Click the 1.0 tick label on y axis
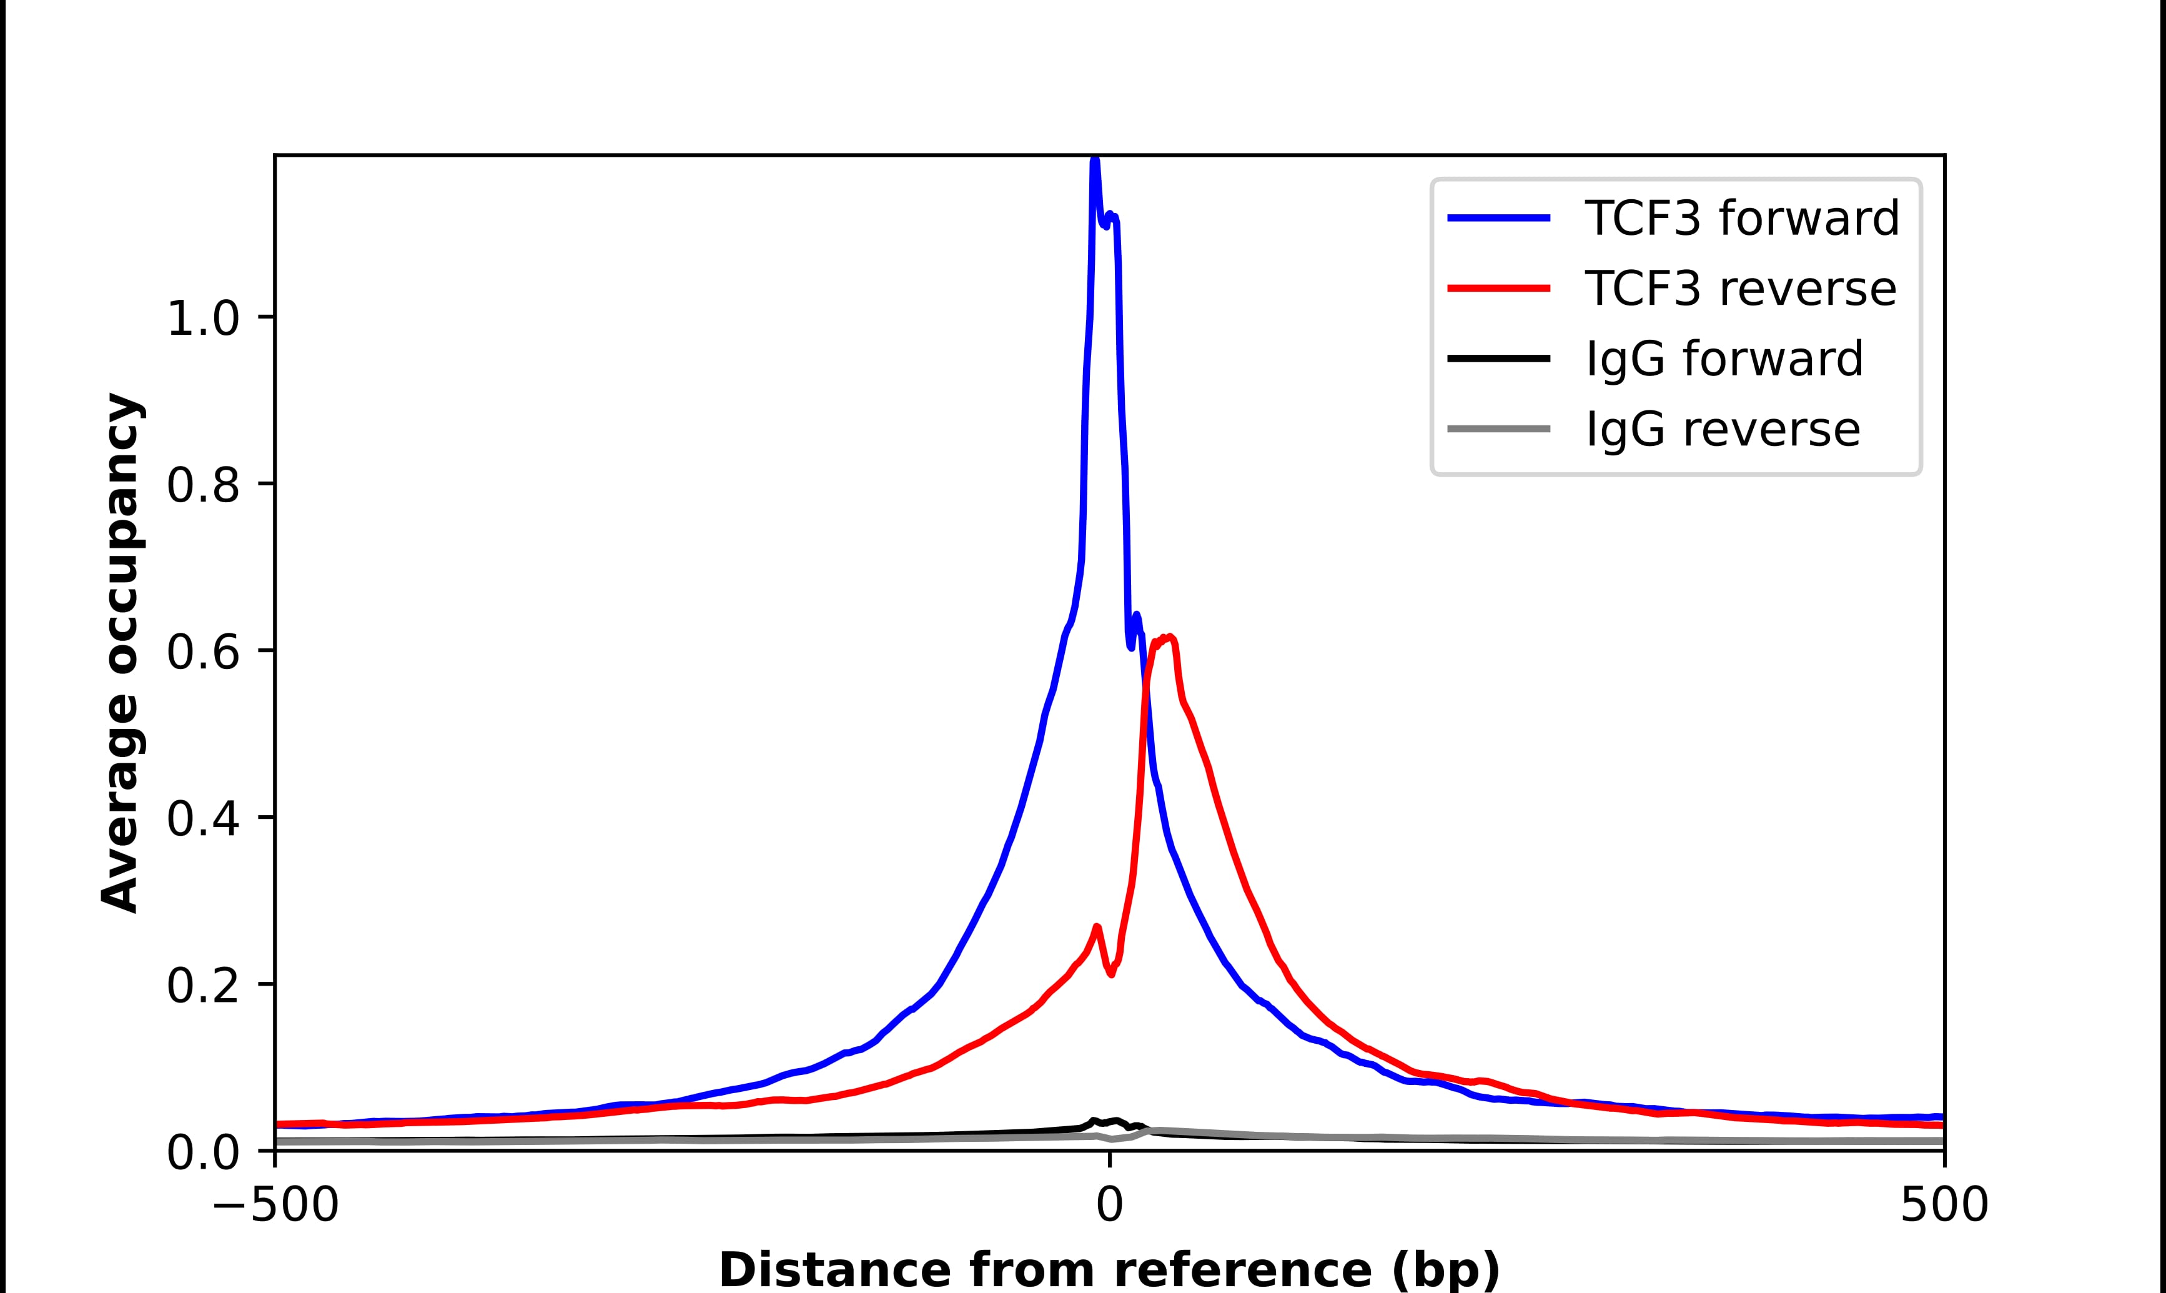point(202,319)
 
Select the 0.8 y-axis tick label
point(202,486)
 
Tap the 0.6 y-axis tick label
point(202,653)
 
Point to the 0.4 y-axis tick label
point(202,820)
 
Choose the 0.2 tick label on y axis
point(202,986)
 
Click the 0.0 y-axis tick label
point(202,1154)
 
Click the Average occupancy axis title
point(120,653)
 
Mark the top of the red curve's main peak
point(1169,638)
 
